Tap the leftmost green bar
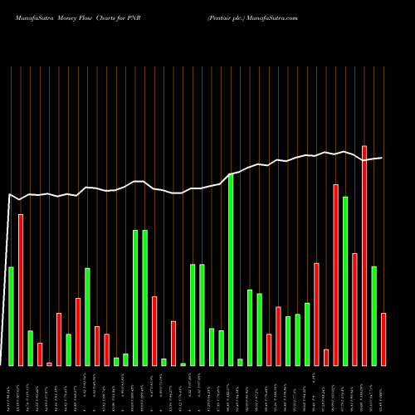pyautogui.click(x=11, y=315)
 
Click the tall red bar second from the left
pyautogui.click(x=21, y=290)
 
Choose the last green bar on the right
pyautogui.click(x=373, y=315)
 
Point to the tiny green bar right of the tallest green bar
pyautogui.click(x=240, y=362)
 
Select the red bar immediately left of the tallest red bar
pyautogui.click(x=354, y=309)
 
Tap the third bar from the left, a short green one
pyautogui.click(x=30, y=348)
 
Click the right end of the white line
pyautogui.click(x=382, y=158)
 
